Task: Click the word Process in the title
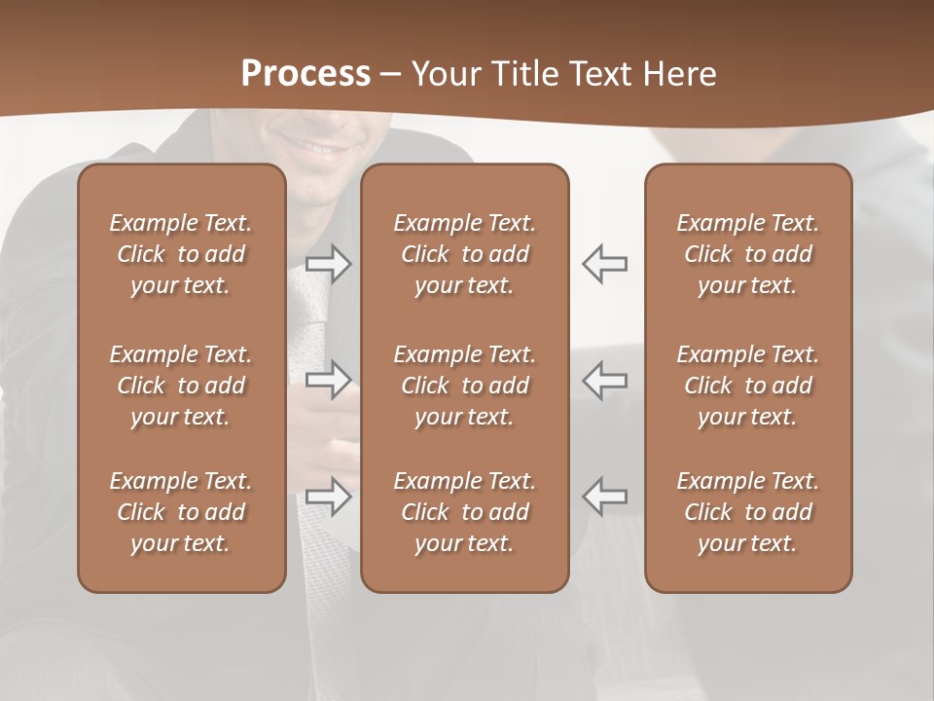pyautogui.click(x=305, y=74)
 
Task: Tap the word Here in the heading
pyautogui.click(x=679, y=74)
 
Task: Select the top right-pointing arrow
pyautogui.click(x=329, y=264)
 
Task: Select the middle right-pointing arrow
pyautogui.click(x=329, y=379)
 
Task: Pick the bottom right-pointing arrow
pyautogui.click(x=329, y=497)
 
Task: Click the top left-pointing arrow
pyautogui.click(x=605, y=264)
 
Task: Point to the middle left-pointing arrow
pyautogui.click(x=605, y=379)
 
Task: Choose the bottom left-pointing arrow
pyautogui.click(x=605, y=497)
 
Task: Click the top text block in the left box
pyautogui.click(x=181, y=254)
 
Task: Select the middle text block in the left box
pyautogui.click(x=181, y=386)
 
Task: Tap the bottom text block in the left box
pyautogui.click(x=181, y=512)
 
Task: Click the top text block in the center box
pyautogui.click(x=465, y=254)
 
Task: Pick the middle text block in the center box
pyautogui.click(x=465, y=386)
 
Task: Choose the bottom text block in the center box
pyautogui.click(x=465, y=512)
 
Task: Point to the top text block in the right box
pyautogui.click(x=748, y=254)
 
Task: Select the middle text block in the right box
pyautogui.click(x=748, y=386)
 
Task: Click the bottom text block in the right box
pyautogui.click(x=748, y=512)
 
